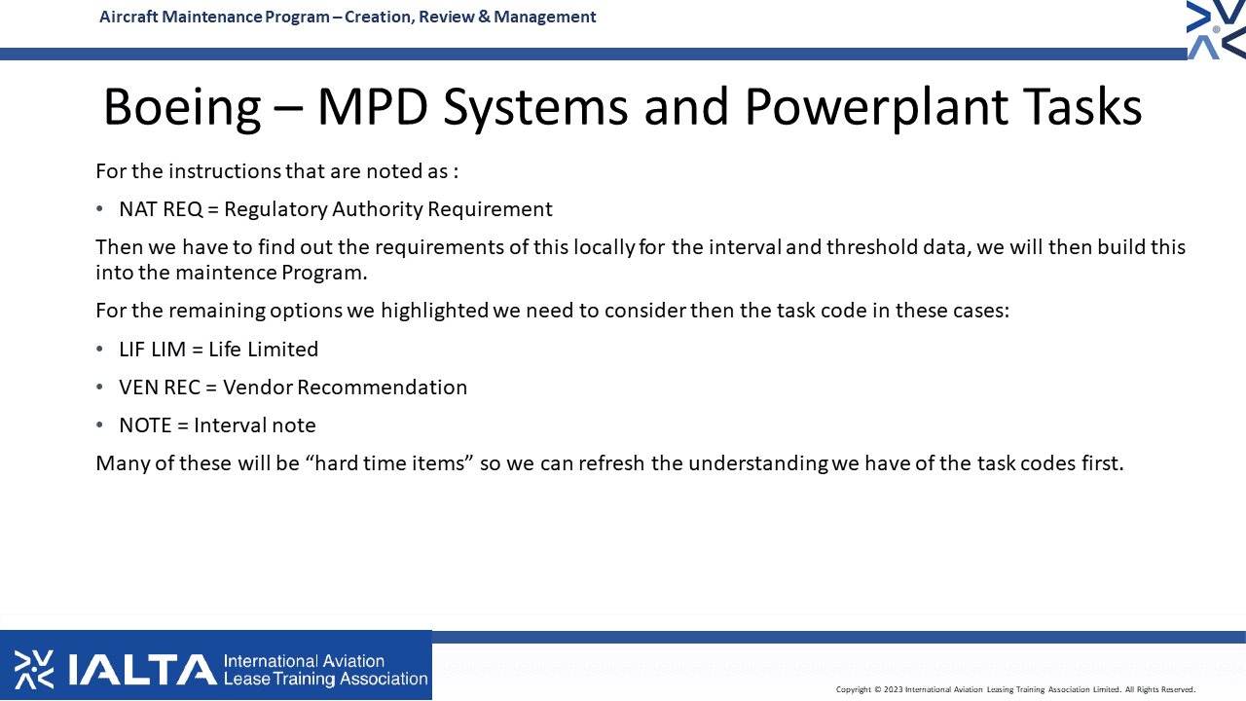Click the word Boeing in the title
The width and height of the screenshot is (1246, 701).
pyautogui.click(x=182, y=108)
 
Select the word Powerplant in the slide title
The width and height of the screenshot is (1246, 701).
pyautogui.click(x=876, y=108)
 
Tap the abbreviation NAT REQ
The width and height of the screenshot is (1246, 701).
pyautogui.click(x=161, y=209)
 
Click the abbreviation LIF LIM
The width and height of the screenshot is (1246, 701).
pyautogui.click(x=152, y=350)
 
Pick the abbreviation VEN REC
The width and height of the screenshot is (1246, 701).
pyautogui.click(x=160, y=387)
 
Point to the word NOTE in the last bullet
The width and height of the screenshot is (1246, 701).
pyautogui.click(x=145, y=425)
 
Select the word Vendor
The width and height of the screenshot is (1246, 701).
pyautogui.click(x=259, y=387)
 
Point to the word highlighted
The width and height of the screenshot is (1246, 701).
pyautogui.click(x=434, y=311)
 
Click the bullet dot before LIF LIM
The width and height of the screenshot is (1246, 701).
pyautogui.click(x=99, y=350)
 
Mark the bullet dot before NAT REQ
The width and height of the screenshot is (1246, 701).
pyautogui.click(x=99, y=209)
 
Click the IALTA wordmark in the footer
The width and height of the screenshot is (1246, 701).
pyautogui.click(x=142, y=670)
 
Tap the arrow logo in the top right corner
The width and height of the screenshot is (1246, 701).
pyautogui.click(x=1216, y=30)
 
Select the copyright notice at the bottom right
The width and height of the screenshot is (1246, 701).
pyautogui.click(x=1015, y=690)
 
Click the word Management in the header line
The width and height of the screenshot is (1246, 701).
pyautogui.click(x=544, y=18)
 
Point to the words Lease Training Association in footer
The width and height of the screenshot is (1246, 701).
pyautogui.click(x=325, y=680)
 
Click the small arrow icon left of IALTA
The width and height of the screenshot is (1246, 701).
pyautogui.click(x=34, y=670)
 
